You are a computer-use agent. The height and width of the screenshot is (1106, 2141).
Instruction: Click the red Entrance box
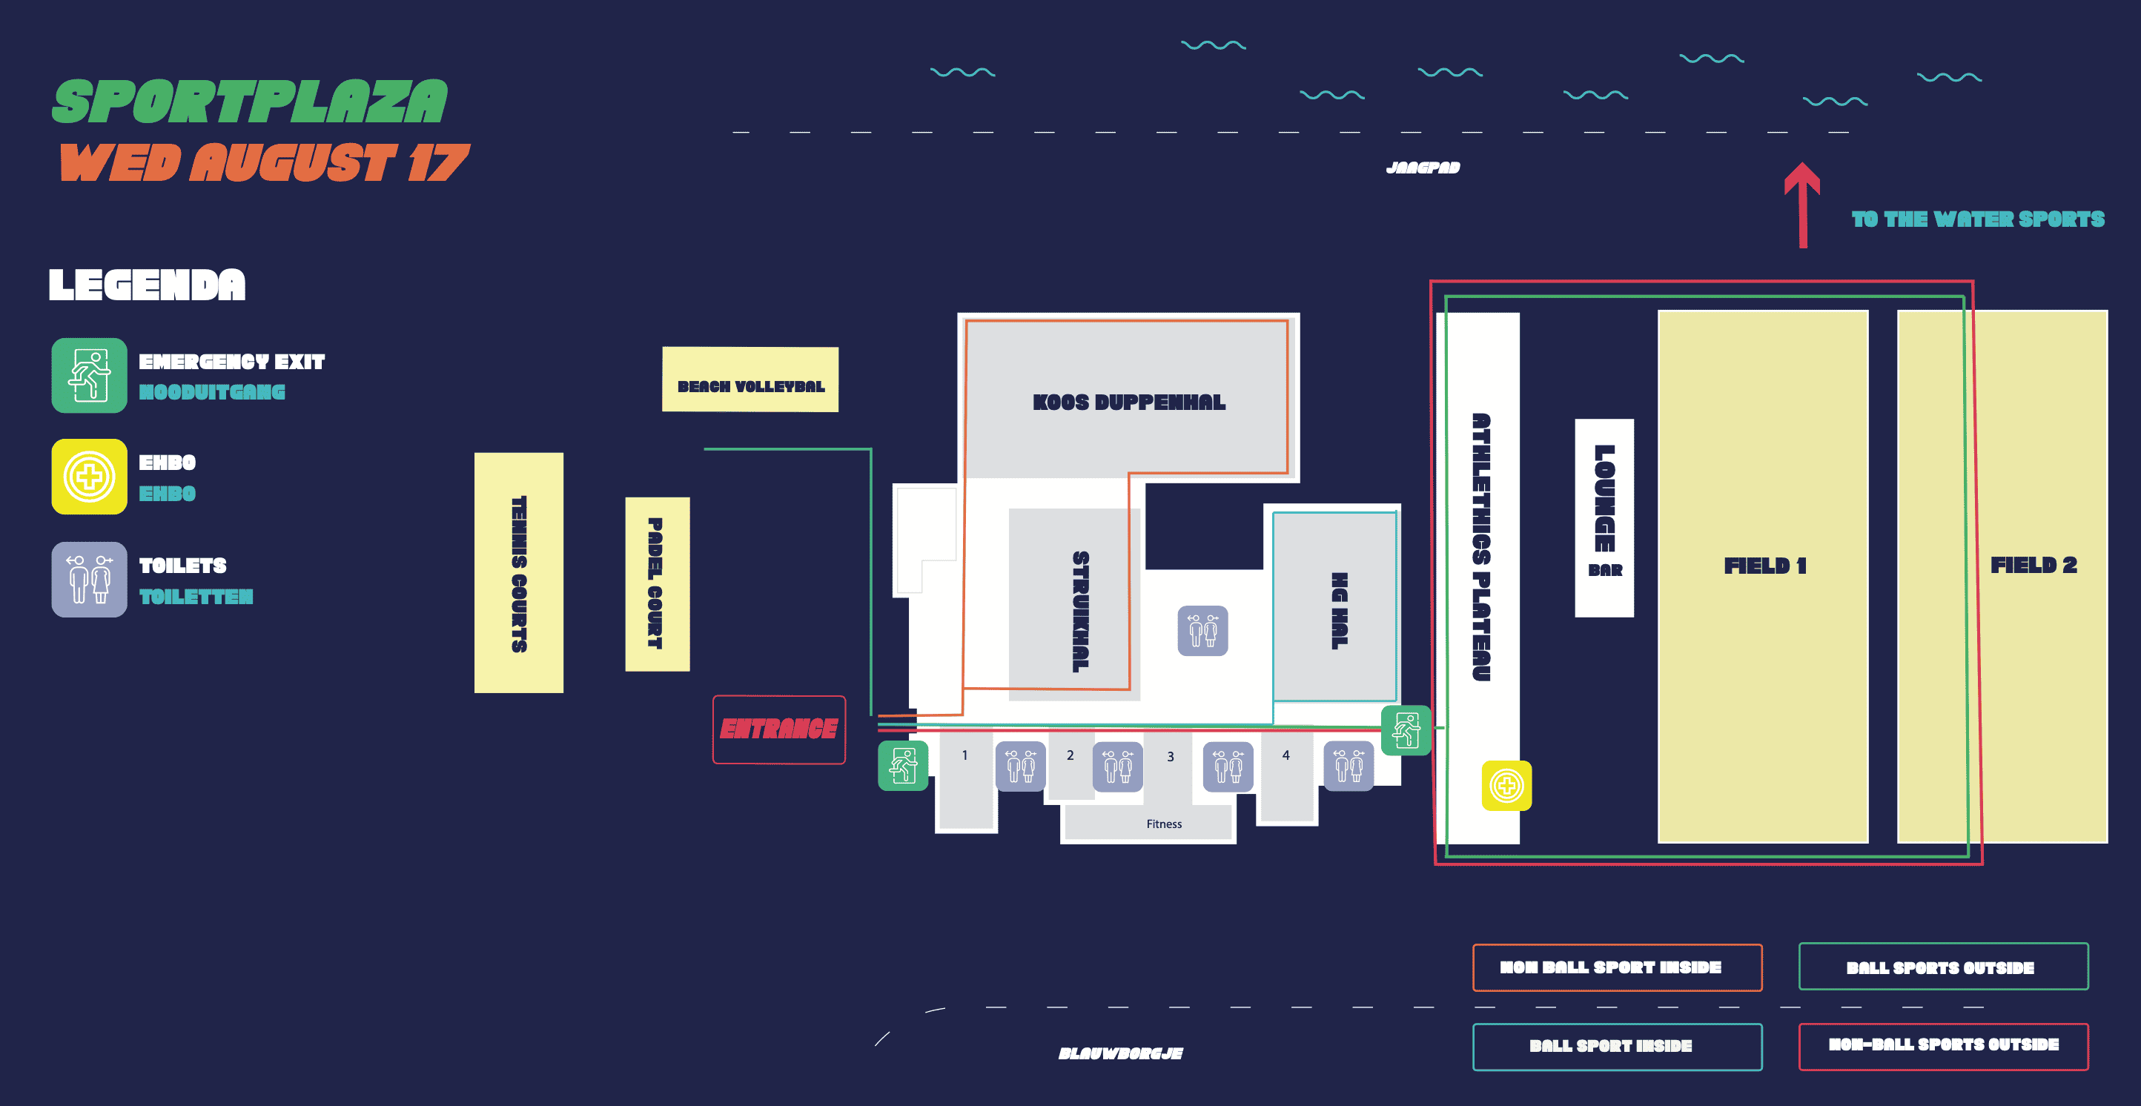coord(778,729)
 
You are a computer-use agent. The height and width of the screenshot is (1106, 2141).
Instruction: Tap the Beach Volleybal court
coord(749,380)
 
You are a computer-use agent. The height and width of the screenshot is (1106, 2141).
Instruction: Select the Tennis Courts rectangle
coord(519,572)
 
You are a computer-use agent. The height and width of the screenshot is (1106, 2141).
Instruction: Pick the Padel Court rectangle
coord(657,583)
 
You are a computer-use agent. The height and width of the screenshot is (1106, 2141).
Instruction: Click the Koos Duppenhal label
coord(1128,403)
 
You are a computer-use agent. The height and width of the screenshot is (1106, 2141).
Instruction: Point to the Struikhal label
coord(1079,611)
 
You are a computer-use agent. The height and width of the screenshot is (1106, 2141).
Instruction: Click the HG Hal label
coord(1338,611)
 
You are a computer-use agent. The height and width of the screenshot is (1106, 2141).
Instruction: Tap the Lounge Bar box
coord(1604,517)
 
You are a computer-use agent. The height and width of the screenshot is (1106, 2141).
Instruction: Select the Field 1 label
coord(1764,566)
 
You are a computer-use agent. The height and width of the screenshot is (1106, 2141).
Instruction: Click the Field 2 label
coord(2033,565)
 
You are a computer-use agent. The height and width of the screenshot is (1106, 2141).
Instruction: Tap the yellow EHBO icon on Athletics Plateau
coord(1506,785)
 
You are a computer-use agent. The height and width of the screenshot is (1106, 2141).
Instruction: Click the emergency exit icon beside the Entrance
coord(903,765)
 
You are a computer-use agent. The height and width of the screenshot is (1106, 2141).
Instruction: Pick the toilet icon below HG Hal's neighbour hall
coord(1202,631)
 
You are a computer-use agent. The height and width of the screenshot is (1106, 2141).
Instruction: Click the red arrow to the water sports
coord(1802,204)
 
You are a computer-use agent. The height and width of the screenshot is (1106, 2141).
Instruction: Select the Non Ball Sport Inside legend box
coord(1617,967)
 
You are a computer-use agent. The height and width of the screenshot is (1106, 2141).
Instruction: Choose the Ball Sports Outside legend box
coord(1942,967)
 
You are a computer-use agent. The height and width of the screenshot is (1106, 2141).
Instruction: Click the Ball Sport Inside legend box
coord(1617,1046)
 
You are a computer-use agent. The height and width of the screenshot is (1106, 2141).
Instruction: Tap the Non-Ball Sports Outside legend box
coord(1942,1045)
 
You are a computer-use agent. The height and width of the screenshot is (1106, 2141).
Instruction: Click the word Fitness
coord(1164,824)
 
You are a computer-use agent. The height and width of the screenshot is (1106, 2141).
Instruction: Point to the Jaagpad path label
coord(1422,168)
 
